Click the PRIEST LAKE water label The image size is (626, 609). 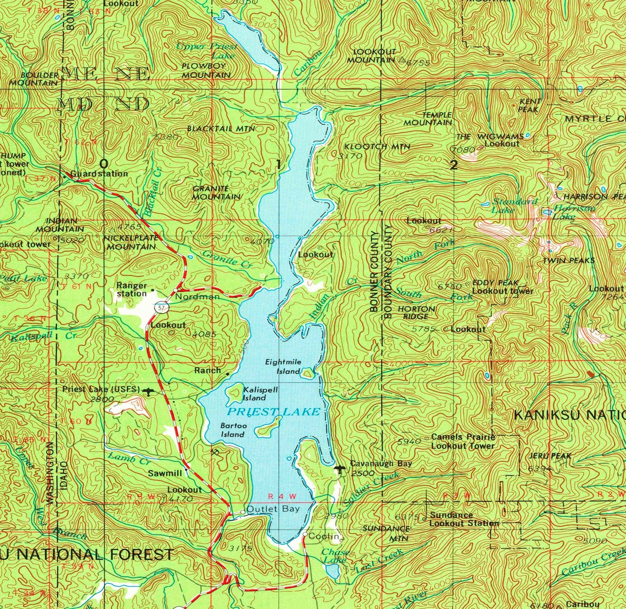(x=274, y=412)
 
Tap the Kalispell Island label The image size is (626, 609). (x=260, y=394)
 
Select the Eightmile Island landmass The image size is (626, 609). (x=307, y=373)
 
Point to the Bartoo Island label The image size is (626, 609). (x=233, y=430)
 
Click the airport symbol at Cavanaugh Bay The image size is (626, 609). (x=339, y=469)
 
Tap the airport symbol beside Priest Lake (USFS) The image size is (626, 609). (x=149, y=391)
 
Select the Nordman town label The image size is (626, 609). (x=197, y=297)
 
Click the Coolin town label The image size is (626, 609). (x=323, y=536)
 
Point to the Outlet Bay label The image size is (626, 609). (x=273, y=509)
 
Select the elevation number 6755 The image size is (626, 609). (x=418, y=63)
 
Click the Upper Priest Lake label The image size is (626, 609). (x=207, y=50)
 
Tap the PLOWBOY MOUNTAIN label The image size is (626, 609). (x=206, y=70)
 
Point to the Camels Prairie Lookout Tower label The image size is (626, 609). (x=463, y=441)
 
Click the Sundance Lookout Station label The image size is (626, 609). (x=464, y=519)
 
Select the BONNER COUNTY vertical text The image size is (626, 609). (x=374, y=272)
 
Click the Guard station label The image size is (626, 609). (x=99, y=174)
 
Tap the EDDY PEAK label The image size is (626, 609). (x=495, y=283)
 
